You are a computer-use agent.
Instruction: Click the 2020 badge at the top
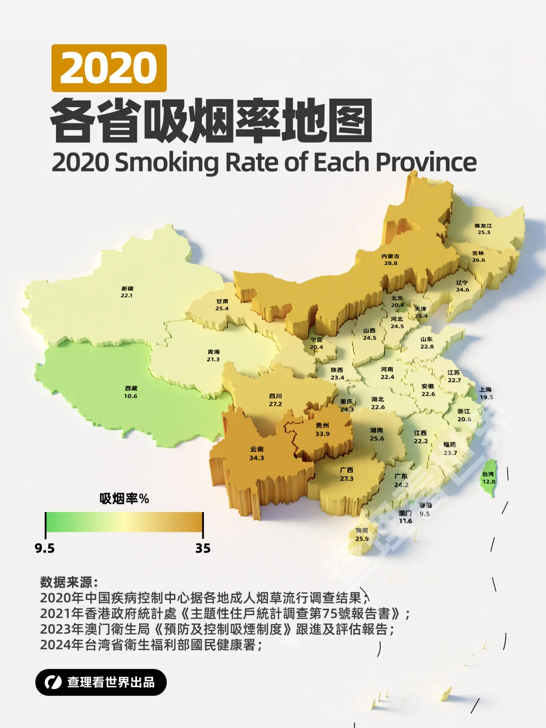[x=109, y=68]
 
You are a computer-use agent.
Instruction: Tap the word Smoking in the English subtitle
[x=167, y=163]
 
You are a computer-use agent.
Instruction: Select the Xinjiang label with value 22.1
[x=127, y=292]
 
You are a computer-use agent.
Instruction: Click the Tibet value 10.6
[x=130, y=396]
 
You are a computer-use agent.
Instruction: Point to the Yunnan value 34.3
[x=256, y=458]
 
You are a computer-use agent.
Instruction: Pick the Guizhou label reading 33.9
[x=322, y=430]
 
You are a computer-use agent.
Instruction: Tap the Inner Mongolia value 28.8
[x=391, y=263]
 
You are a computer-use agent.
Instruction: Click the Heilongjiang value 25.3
[x=484, y=233]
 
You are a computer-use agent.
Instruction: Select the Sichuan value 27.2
[x=276, y=404]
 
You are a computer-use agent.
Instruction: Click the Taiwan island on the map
[x=488, y=478]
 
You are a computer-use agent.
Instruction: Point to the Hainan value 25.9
[x=362, y=539]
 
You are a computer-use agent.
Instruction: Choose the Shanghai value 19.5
[x=486, y=397]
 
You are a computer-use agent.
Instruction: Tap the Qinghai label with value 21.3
[x=213, y=355]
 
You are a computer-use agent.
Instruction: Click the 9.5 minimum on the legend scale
[x=44, y=549]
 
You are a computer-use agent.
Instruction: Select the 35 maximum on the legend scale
[x=203, y=549]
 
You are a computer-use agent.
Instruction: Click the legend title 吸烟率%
[x=124, y=499]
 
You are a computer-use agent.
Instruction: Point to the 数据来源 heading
[x=69, y=582]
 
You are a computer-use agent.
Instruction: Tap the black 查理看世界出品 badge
[x=101, y=682]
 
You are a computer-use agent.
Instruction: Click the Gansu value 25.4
[x=222, y=308]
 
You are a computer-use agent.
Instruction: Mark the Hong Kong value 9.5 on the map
[x=425, y=514]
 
